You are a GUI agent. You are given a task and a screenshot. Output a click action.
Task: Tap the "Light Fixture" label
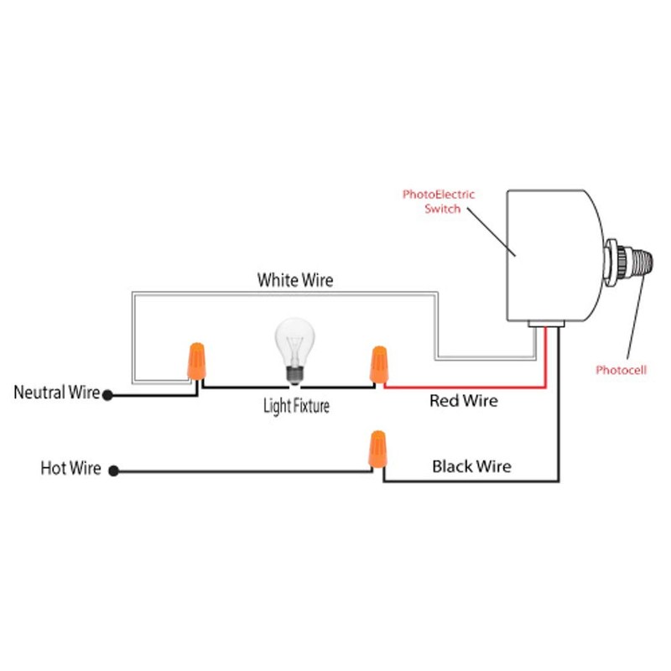pos(295,407)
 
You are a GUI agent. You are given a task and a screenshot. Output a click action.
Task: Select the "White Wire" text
pos(294,280)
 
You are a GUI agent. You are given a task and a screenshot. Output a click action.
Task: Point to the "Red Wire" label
pos(463,401)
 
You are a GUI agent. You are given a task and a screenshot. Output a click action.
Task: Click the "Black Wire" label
pos(471,466)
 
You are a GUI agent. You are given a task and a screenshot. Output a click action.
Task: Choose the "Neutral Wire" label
pos(56,393)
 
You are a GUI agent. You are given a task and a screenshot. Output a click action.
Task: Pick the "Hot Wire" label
pos(70,468)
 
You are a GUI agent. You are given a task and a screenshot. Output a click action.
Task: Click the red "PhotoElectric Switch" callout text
pos(438,201)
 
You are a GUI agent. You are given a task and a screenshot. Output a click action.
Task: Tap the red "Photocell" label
pos(622,370)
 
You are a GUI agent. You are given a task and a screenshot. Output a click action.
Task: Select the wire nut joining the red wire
pos(377,365)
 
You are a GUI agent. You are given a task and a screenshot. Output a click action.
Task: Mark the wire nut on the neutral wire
pos(197,361)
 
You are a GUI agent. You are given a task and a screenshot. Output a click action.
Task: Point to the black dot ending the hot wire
pos(114,471)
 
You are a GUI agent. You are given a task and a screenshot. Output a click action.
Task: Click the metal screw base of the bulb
pos(294,375)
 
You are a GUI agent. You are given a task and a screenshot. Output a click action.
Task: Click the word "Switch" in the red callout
pos(443,209)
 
